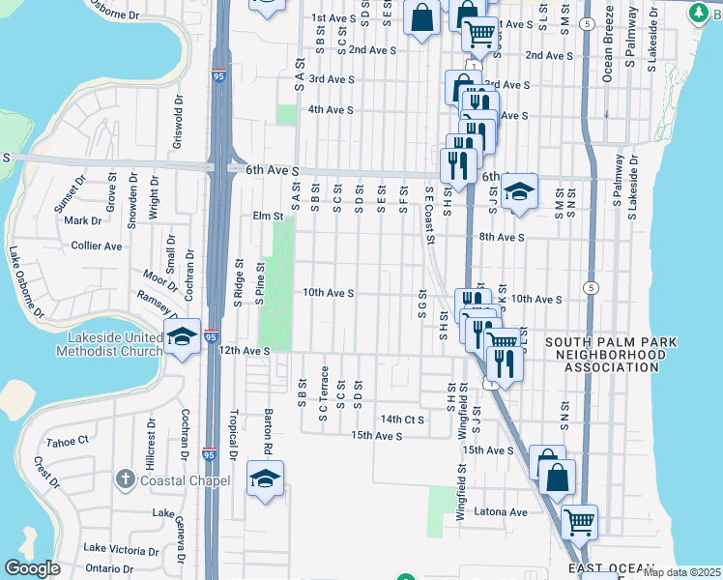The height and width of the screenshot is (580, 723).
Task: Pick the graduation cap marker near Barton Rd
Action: (265, 479)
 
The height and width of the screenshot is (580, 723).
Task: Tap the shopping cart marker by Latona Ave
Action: (578, 523)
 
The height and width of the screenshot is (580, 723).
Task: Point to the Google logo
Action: (32, 568)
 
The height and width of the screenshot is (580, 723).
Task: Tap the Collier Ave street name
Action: (97, 246)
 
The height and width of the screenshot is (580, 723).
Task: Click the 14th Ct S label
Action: (402, 420)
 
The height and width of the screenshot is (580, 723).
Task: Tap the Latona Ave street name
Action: (506, 512)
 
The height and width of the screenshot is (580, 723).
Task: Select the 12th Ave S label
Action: (245, 350)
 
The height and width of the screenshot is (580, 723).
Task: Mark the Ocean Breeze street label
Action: (608, 48)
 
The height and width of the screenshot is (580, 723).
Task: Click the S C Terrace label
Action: (326, 388)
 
